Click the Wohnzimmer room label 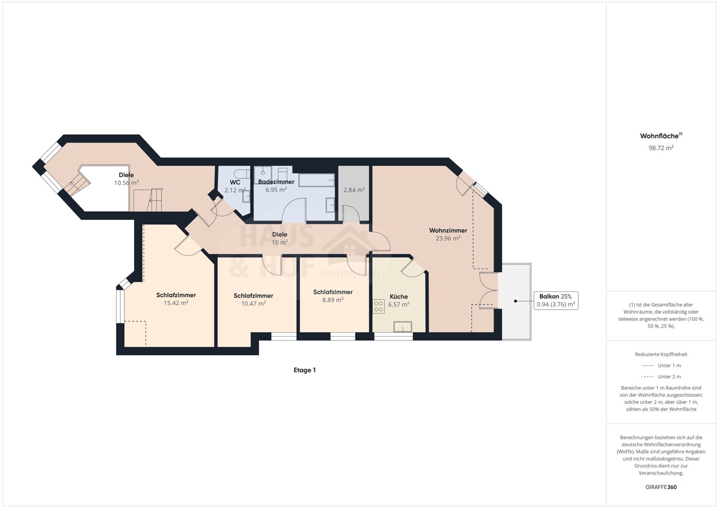(x=448, y=230)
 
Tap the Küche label (x=399, y=296)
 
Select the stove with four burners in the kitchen (x=379, y=306)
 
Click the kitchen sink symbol (x=403, y=326)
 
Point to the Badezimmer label (x=276, y=182)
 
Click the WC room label (x=235, y=183)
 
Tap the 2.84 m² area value (x=354, y=190)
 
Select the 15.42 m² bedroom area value (x=176, y=303)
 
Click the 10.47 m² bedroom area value (x=253, y=303)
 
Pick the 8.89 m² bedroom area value (x=333, y=300)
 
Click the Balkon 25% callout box (x=556, y=301)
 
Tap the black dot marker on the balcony (x=515, y=301)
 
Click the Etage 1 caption (x=305, y=370)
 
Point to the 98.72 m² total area (x=661, y=148)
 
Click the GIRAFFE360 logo (x=661, y=487)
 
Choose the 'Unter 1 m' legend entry (x=661, y=366)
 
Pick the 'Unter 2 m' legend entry (x=661, y=376)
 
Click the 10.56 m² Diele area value (x=126, y=183)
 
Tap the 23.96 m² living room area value (x=448, y=238)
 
